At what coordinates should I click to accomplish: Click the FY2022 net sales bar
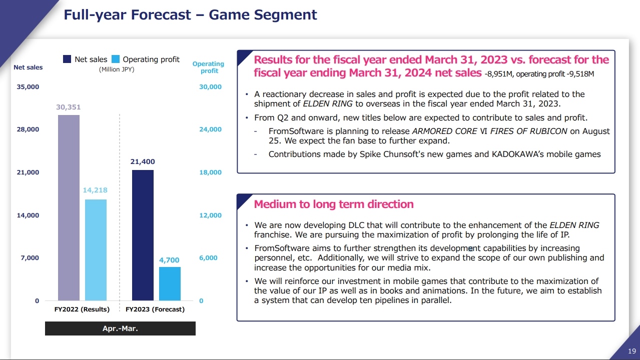tap(69, 207)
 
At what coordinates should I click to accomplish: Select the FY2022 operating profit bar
tap(96, 250)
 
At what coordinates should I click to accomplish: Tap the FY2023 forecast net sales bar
tap(143, 235)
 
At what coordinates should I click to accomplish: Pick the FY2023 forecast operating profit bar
tap(170, 283)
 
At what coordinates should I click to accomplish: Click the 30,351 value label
tap(69, 107)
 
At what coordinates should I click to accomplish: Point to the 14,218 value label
tap(95, 190)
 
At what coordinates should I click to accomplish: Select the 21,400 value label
tap(143, 161)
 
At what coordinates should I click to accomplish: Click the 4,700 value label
tap(169, 260)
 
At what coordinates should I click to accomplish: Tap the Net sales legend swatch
tap(67, 59)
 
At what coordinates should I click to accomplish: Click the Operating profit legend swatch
tap(116, 59)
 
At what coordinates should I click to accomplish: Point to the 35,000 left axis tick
tap(28, 86)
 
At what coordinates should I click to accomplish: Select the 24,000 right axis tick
tap(210, 129)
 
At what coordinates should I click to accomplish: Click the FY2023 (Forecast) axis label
tap(155, 309)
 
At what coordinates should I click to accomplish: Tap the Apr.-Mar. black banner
tap(120, 328)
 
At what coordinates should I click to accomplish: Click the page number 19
tap(632, 351)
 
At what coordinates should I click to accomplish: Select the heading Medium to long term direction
tap(334, 204)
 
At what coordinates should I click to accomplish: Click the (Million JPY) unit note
tap(117, 69)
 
